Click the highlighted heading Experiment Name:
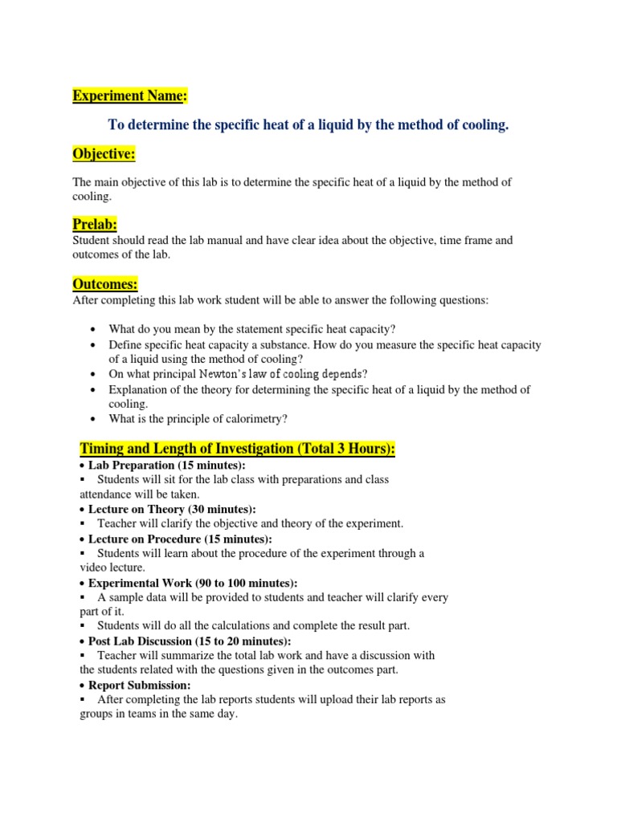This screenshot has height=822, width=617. (x=129, y=96)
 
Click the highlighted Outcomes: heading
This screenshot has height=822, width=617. (x=105, y=284)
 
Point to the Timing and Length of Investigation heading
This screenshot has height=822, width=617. (x=237, y=448)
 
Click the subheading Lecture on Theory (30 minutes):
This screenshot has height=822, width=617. (x=172, y=509)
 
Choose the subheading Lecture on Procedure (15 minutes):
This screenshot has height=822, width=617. (x=180, y=539)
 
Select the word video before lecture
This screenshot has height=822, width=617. (x=94, y=568)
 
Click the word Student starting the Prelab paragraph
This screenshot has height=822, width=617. (x=92, y=240)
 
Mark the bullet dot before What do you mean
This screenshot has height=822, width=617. (x=94, y=330)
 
